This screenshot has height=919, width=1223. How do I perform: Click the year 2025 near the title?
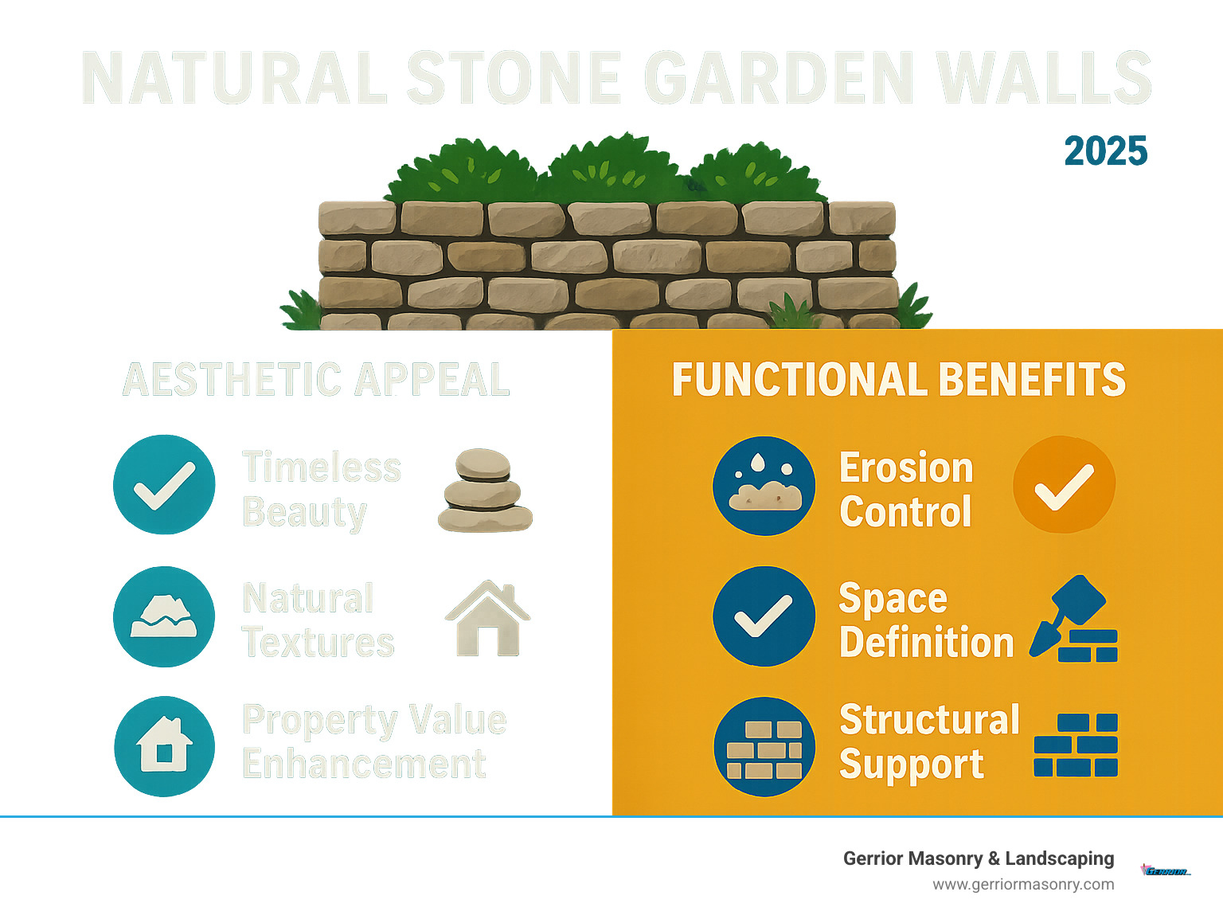tap(1105, 151)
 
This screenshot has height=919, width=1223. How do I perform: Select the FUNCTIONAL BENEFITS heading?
tap(898, 380)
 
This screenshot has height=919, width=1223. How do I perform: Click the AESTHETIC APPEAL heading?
tap(316, 380)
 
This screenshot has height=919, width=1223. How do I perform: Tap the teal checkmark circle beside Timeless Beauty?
tap(164, 484)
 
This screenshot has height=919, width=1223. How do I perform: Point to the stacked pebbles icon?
tap(484, 491)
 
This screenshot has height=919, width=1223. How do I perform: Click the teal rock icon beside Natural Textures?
tap(164, 616)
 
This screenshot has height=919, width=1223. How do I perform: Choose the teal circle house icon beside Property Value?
tap(164, 746)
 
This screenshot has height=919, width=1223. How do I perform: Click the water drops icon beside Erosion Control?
tap(764, 486)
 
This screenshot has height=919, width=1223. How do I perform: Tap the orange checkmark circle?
tap(1064, 484)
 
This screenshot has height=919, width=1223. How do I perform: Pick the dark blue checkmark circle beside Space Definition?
tap(764, 616)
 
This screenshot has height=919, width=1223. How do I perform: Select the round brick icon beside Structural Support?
tap(764, 747)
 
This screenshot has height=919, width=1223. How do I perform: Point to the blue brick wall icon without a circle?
tap(1076, 745)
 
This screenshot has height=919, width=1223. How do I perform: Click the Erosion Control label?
tap(906, 489)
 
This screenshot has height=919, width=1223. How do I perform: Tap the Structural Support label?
tap(928, 742)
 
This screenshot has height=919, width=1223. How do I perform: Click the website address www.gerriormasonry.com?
tap(1023, 884)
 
